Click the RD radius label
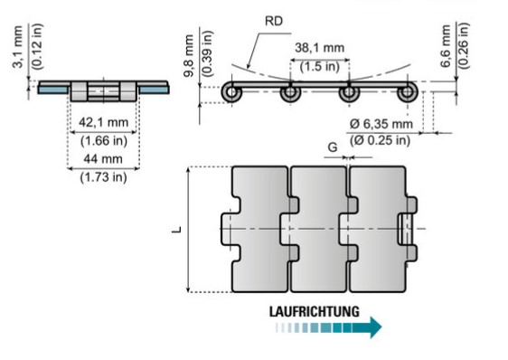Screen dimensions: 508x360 274,21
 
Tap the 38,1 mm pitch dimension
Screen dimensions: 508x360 319,48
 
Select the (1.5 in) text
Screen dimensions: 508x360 319,67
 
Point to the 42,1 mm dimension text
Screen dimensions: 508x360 104,123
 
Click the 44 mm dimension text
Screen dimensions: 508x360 103,159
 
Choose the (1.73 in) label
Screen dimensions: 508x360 103,177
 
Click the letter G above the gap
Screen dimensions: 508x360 333,147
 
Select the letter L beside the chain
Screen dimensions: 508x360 176,230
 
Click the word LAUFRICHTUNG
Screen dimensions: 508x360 315,311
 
